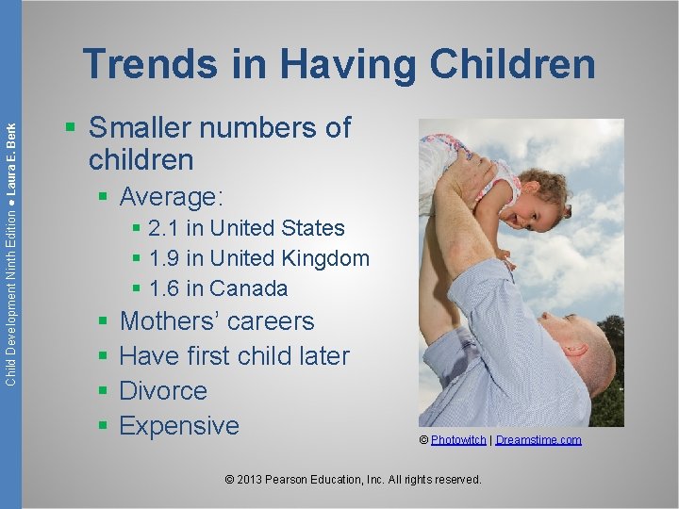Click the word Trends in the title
[x=149, y=65]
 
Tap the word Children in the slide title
[x=513, y=65]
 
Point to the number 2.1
[x=165, y=228]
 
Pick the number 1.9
[x=165, y=258]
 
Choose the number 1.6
[x=165, y=288]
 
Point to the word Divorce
[x=163, y=391]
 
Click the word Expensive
[x=179, y=426]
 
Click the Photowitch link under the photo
[x=458, y=440]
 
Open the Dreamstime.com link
[x=538, y=440]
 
